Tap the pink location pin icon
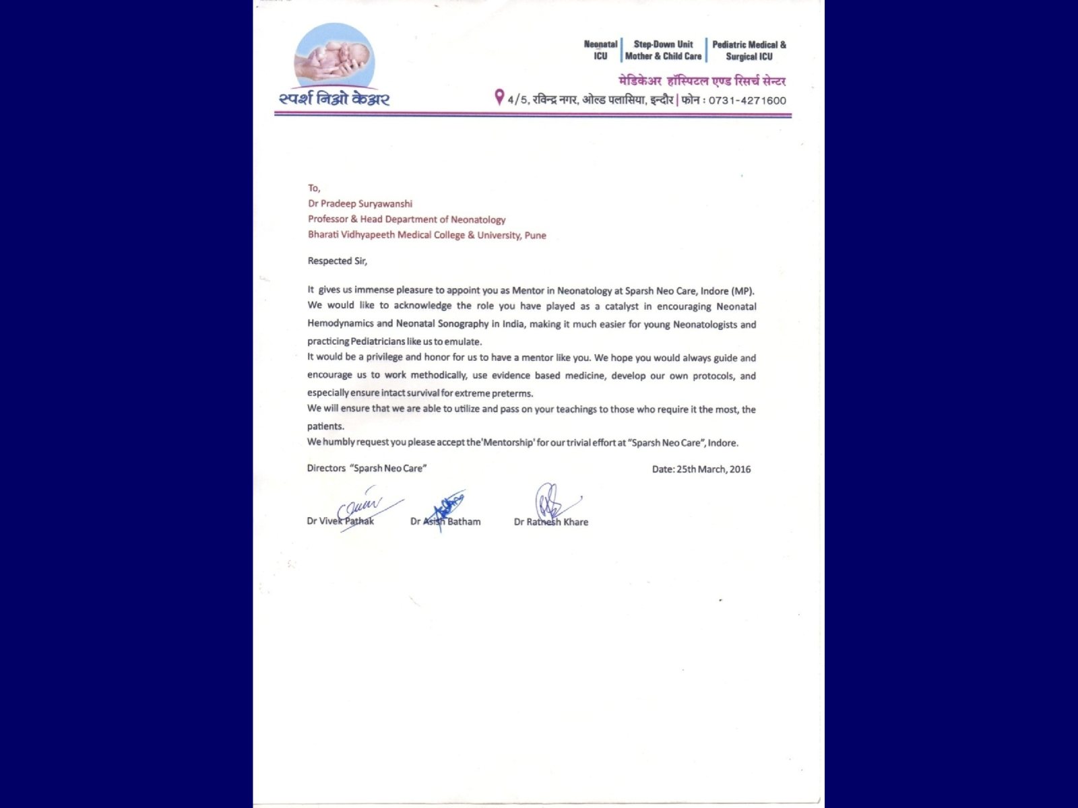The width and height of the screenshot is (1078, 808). (x=499, y=98)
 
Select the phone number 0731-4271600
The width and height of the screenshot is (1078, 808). (x=747, y=101)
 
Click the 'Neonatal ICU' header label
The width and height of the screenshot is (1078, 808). (x=600, y=50)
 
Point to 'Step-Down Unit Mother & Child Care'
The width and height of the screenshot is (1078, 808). (x=663, y=50)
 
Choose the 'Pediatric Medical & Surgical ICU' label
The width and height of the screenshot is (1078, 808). (x=749, y=50)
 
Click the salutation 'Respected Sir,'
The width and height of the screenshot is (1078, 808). (x=338, y=261)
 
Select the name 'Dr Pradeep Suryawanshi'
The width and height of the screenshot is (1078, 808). (x=360, y=204)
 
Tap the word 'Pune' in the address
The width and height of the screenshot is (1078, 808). (x=535, y=236)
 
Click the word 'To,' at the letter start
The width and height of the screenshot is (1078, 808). (x=314, y=189)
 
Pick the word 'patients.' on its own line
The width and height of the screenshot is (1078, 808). (x=325, y=426)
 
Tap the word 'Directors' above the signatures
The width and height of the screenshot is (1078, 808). (x=326, y=469)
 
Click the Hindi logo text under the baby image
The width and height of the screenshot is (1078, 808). (x=334, y=100)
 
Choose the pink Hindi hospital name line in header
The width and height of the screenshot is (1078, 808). (x=702, y=81)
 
